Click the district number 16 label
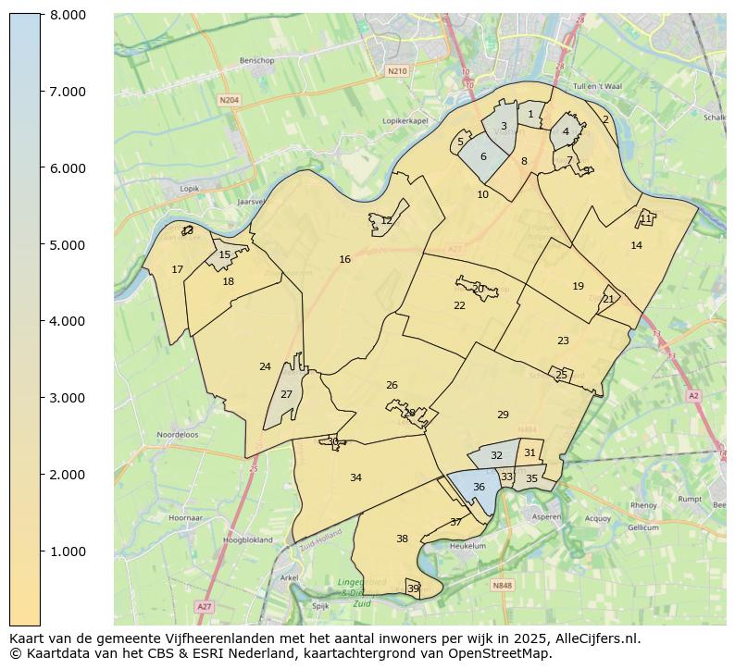344,260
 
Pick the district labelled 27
286,395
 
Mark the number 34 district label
355,478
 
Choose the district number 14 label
636,246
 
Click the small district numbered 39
413,588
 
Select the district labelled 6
483,157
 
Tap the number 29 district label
503,415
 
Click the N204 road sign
229,99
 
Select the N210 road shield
397,71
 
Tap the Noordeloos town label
178,434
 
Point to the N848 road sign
502,586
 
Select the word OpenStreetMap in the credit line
506,653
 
